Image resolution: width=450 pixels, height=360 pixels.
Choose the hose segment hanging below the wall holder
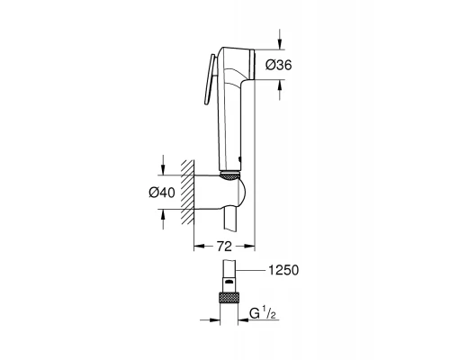233,224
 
